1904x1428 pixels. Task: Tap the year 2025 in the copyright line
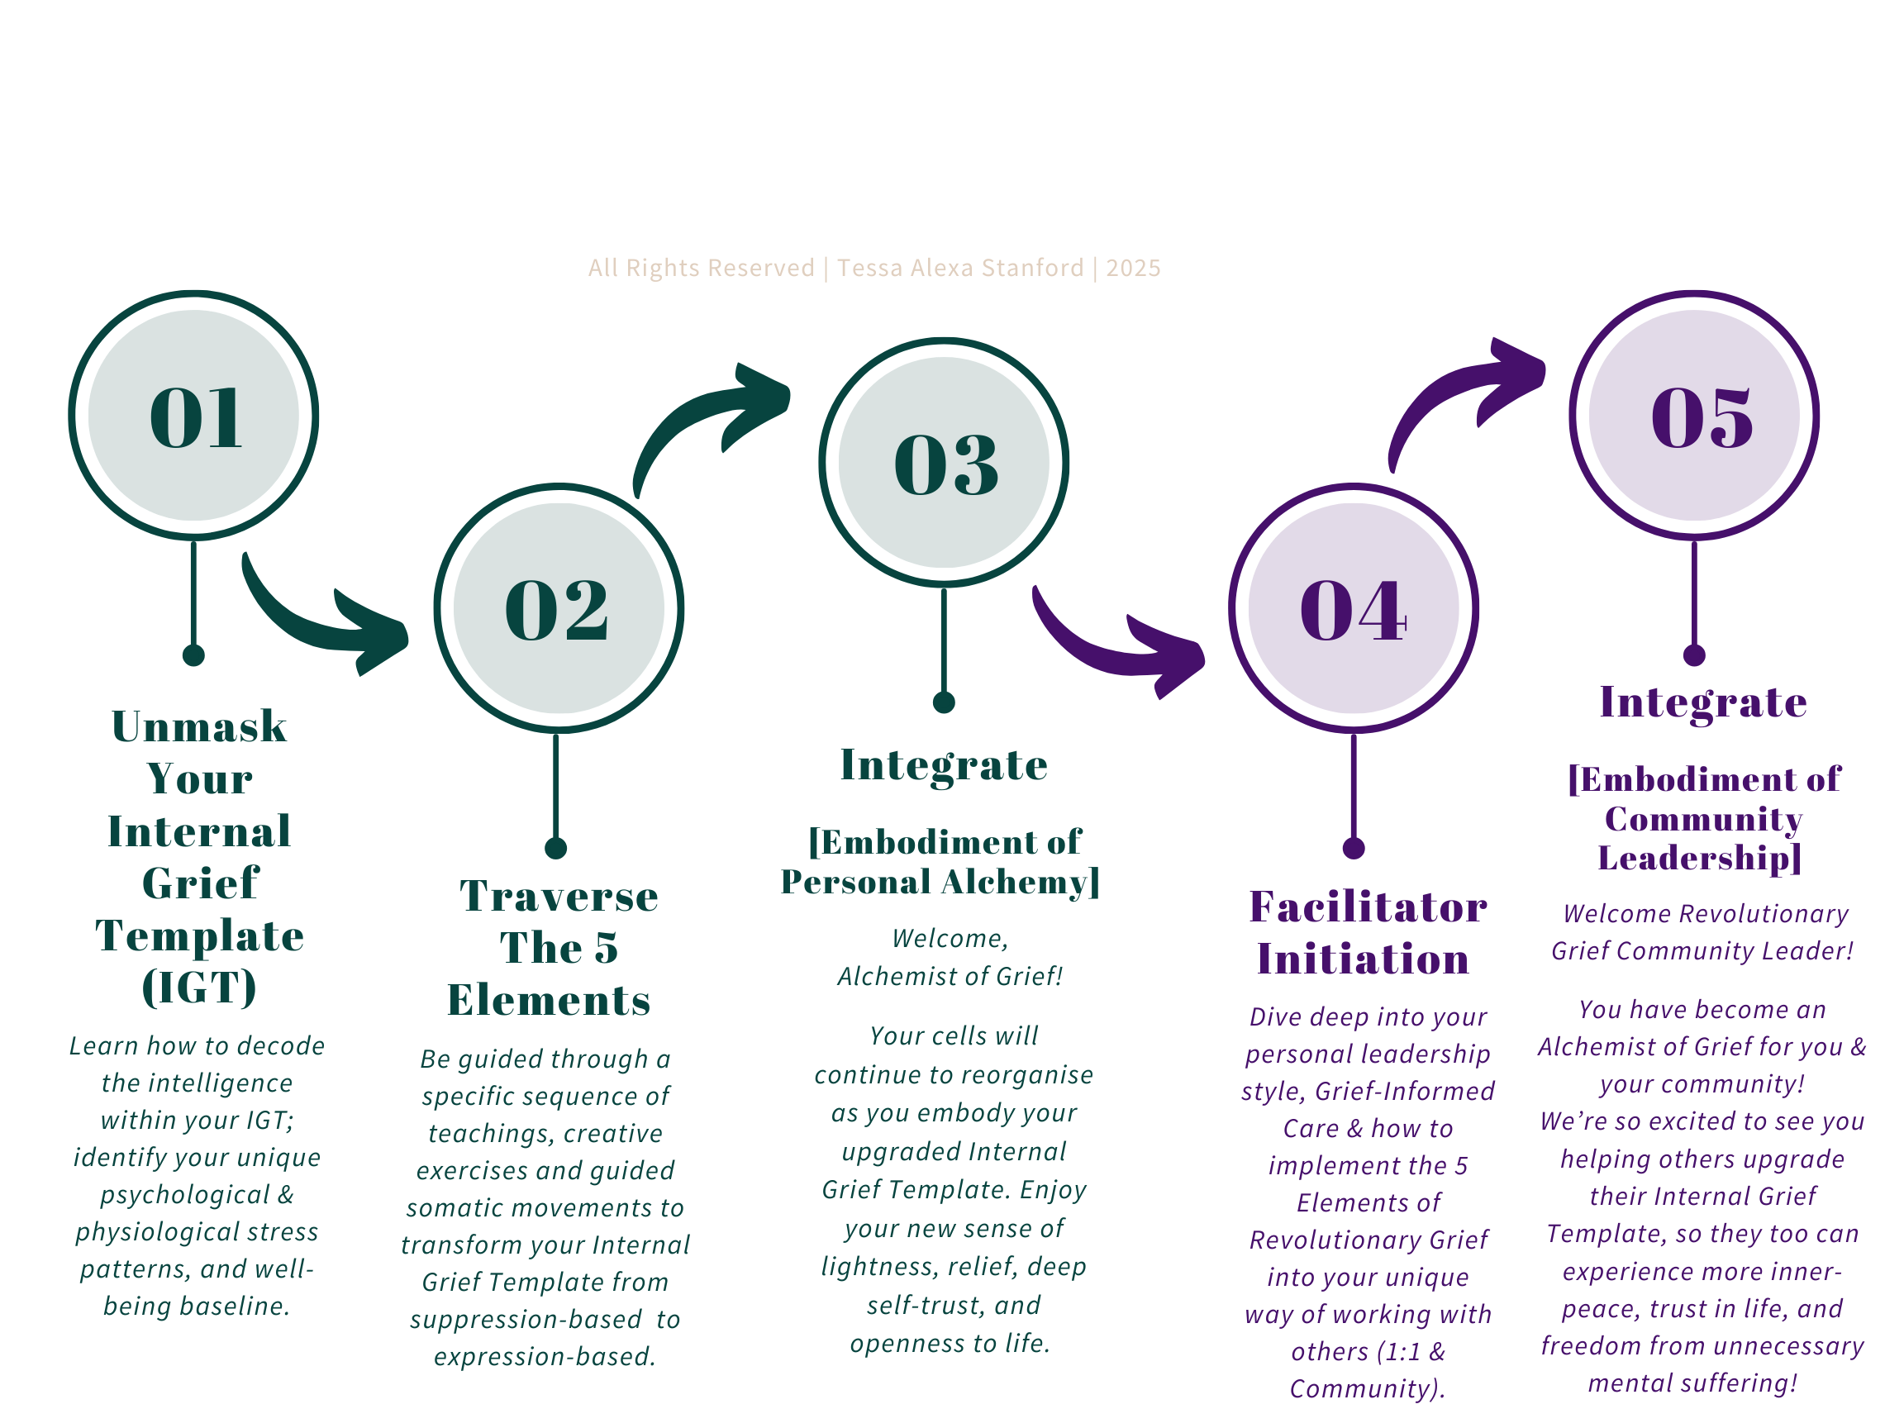pyautogui.click(x=1133, y=268)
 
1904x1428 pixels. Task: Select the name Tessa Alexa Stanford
pyautogui.click(x=959, y=268)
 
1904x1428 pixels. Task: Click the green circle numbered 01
pyautogui.click(x=193, y=415)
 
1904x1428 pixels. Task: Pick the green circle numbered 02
pyautogui.click(x=559, y=607)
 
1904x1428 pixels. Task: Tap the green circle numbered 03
pyautogui.click(x=945, y=462)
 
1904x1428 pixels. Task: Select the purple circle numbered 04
pyautogui.click(x=1353, y=607)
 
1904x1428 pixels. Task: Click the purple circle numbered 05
pyautogui.click(x=1694, y=415)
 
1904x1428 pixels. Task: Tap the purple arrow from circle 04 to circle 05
pyautogui.click(x=1464, y=396)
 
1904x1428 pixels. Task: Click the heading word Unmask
pyautogui.click(x=199, y=726)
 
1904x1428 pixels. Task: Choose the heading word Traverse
pyautogui.click(x=559, y=896)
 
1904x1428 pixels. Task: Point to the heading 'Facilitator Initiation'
pyautogui.click(x=1367, y=932)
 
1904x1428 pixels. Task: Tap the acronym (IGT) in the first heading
pyautogui.click(x=199, y=987)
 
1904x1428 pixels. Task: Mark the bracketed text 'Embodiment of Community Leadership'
pyautogui.click(x=1702, y=819)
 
